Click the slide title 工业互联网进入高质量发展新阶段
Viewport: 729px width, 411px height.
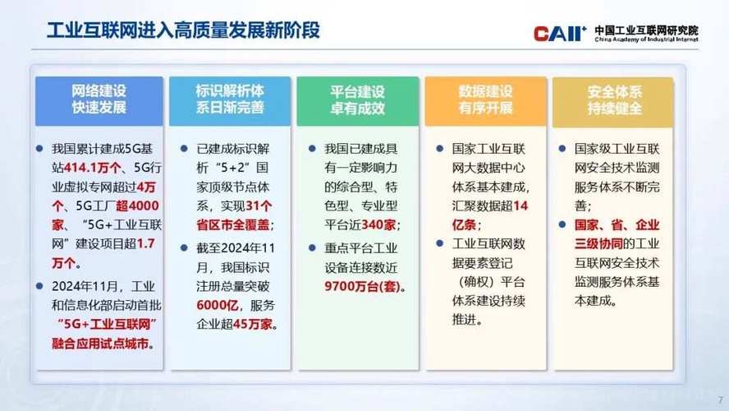coord(182,32)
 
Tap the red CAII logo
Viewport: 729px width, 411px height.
coord(558,34)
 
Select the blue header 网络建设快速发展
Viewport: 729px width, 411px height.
coord(99,99)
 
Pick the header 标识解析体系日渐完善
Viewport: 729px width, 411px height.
coord(229,99)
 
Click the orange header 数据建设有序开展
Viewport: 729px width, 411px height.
coord(485,99)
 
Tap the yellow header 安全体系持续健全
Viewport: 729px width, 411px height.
coord(614,99)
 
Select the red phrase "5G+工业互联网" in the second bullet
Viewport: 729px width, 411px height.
coord(103,323)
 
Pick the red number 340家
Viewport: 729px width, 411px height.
coord(378,224)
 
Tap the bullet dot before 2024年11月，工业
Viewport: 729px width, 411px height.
coord(40,286)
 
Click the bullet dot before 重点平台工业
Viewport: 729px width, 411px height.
coord(313,247)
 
